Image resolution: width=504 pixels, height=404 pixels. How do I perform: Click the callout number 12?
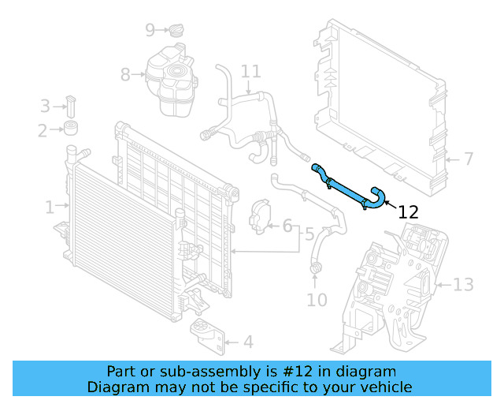coord(408,211)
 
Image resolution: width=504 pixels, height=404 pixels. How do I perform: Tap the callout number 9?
coord(150,30)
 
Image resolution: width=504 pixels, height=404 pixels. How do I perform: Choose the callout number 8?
coord(125,75)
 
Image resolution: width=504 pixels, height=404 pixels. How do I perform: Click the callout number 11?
coord(250,72)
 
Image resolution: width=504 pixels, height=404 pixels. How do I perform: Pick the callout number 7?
coord(468,159)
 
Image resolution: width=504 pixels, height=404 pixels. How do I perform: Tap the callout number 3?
coord(45,106)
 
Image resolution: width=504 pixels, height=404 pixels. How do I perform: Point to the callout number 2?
coord(42,129)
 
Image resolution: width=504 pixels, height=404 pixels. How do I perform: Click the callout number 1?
coord(50,208)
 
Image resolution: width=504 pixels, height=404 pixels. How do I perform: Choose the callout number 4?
coord(247,342)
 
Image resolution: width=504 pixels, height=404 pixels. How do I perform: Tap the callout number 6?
coord(287,226)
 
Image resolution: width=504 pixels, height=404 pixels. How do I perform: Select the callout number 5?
coord(309,234)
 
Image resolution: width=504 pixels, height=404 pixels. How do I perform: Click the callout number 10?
coord(316,300)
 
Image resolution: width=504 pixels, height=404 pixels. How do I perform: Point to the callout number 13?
coord(463,284)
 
